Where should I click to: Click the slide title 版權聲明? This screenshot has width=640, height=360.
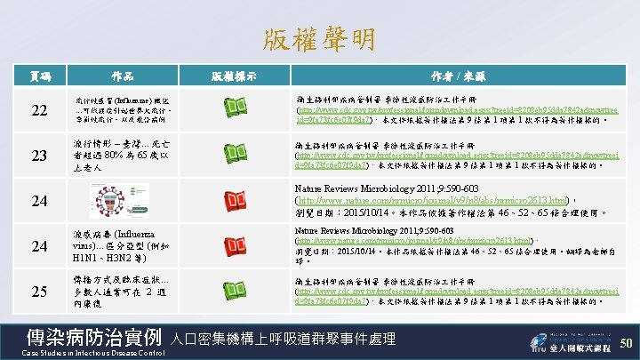pyautogui.click(x=319, y=38)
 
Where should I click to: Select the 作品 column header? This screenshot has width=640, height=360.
pyautogui.click(x=123, y=76)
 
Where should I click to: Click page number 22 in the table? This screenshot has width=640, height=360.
pyautogui.click(x=39, y=109)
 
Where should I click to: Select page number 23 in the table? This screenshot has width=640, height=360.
pyautogui.click(x=39, y=156)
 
